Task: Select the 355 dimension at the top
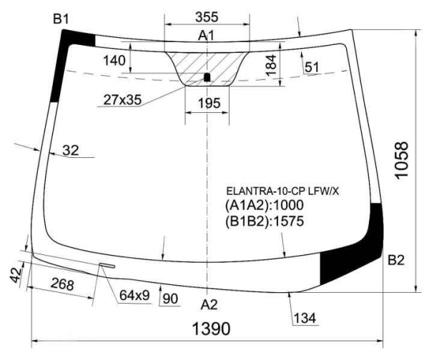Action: tap(207, 16)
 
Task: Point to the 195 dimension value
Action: tap(208, 104)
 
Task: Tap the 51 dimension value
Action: tap(312, 67)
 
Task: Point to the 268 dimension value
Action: tap(62, 285)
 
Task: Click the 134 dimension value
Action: tap(304, 318)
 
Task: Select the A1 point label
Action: tap(207, 36)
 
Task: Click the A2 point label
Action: tap(208, 304)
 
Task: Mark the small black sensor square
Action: tap(207, 76)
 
